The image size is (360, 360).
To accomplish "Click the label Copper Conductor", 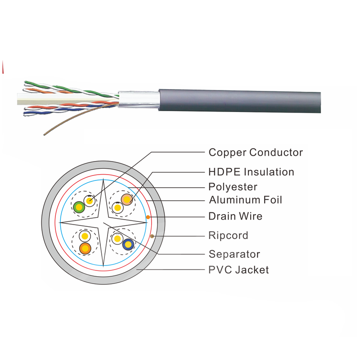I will tap(256, 153).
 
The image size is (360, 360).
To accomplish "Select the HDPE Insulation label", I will tap(251, 172).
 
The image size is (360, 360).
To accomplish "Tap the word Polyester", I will tap(232, 186).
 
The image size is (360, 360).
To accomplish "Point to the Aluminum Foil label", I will tap(245, 199).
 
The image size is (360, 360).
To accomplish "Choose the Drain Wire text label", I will tap(235, 216).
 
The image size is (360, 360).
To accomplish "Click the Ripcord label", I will tap(228, 235).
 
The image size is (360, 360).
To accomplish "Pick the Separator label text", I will tap(234, 254).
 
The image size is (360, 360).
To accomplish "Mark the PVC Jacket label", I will tap(238, 270).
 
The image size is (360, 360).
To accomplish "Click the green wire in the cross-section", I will tap(79, 207).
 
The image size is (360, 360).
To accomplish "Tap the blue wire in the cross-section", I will tap(128, 245).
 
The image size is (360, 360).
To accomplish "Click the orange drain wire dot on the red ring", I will tap(148, 217).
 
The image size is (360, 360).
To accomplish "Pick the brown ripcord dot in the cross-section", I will tap(152, 236).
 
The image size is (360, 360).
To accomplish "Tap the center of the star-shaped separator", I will tap(104, 222).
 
